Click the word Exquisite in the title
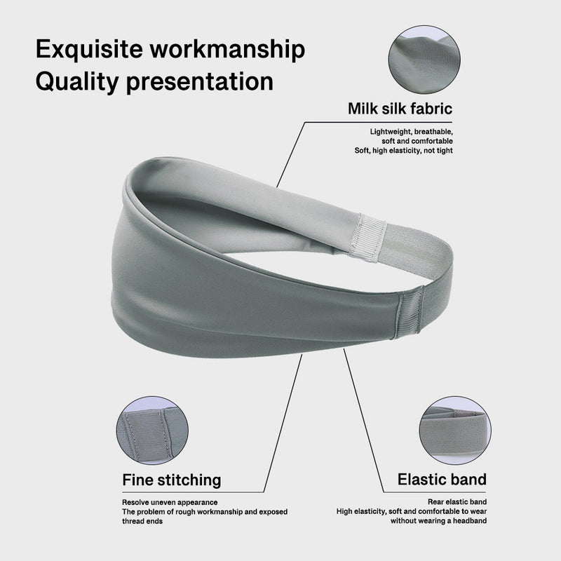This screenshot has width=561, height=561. [x=89, y=49]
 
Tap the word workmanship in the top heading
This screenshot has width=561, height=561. [x=227, y=49]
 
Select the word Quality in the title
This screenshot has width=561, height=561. [x=76, y=82]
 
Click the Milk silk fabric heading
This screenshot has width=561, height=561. [x=400, y=109]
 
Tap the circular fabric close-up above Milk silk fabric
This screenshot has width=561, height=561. [x=424, y=60]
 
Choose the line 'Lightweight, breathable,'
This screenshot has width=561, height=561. [x=412, y=132]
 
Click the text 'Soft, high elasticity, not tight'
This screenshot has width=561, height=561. [x=404, y=150]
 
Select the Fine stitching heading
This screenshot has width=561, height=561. [x=172, y=480]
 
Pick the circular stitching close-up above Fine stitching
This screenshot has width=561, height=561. [x=152, y=431]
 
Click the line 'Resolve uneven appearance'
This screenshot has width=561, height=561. [x=170, y=502]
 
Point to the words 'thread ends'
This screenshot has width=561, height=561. [x=142, y=521]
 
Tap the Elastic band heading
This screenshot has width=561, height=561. [x=442, y=479]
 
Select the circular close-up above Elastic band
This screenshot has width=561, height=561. [x=455, y=431]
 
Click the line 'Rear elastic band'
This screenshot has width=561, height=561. [x=457, y=502]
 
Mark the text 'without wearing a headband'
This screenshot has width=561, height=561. [x=439, y=520]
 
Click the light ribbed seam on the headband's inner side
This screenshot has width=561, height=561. [x=367, y=237]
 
